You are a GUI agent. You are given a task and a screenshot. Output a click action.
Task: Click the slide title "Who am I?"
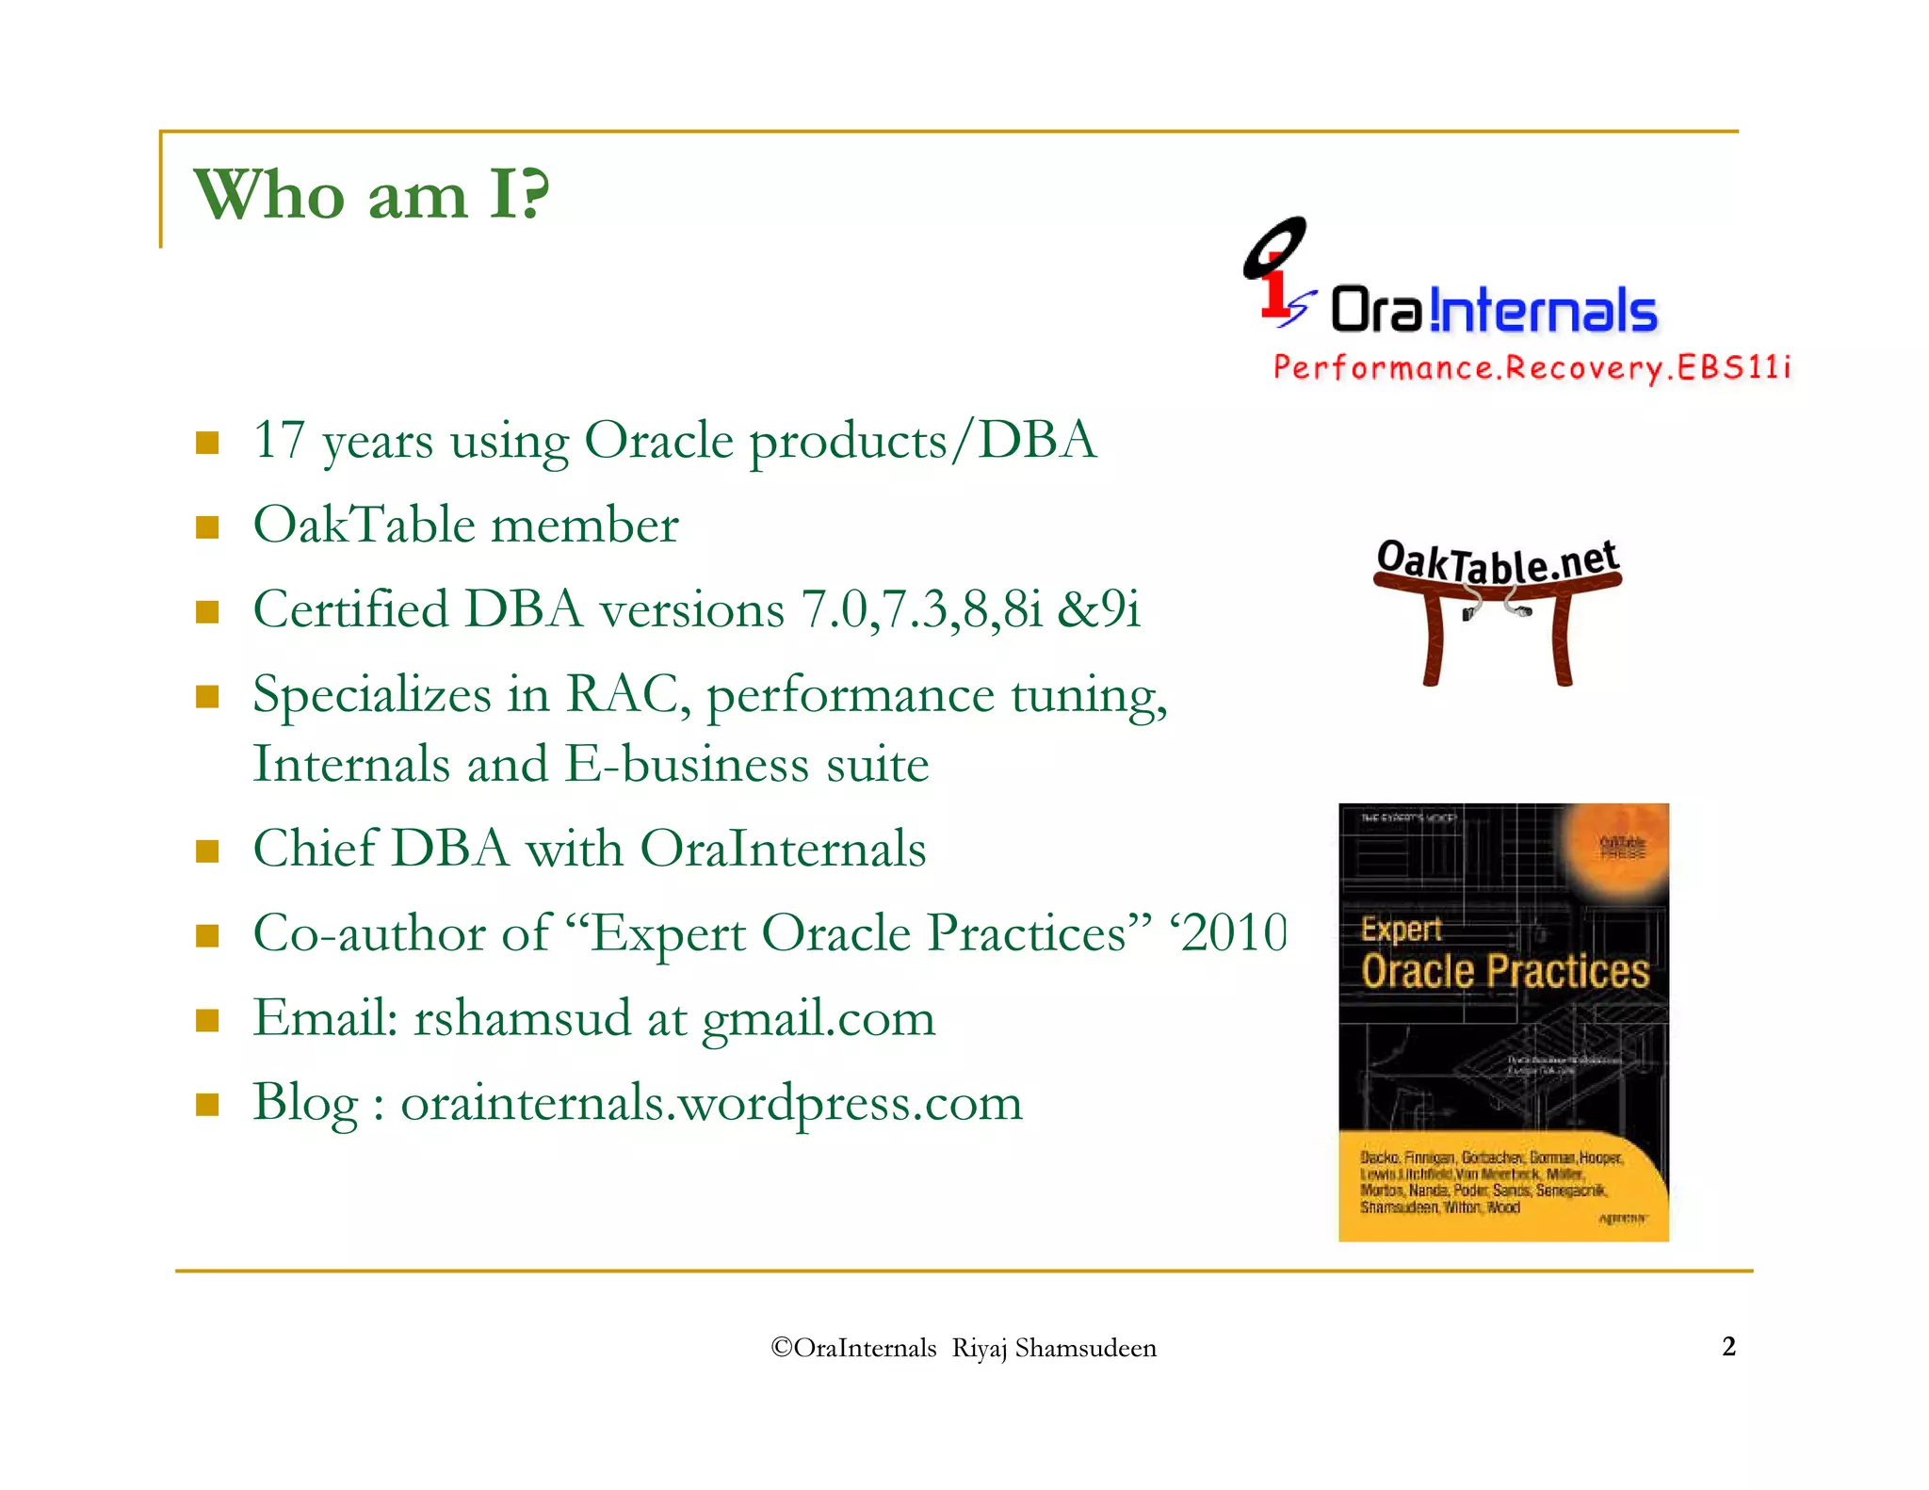click(371, 195)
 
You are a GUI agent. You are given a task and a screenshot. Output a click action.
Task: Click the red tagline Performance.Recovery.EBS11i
click(1531, 367)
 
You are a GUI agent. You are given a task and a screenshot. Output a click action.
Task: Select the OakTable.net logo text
click(1497, 562)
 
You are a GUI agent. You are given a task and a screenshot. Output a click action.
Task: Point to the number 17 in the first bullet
click(279, 440)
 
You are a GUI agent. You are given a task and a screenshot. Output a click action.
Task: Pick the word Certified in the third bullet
click(350, 609)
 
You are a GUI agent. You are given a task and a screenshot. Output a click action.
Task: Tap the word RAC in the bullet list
click(621, 694)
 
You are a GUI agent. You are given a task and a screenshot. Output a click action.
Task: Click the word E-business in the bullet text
click(686, 764)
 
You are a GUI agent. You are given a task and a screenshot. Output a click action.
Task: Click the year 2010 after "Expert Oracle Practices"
click(1234, 933)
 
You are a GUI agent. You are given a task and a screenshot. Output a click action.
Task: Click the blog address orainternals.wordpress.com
click(711, 1103)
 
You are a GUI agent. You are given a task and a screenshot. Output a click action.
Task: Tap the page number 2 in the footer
click(1728, 1346)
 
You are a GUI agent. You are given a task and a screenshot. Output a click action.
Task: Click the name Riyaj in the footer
click(979, 1348)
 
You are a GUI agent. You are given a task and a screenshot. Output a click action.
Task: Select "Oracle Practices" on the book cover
click(1504, 971)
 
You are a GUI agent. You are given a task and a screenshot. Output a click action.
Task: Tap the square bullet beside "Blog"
click(207, 1104)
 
